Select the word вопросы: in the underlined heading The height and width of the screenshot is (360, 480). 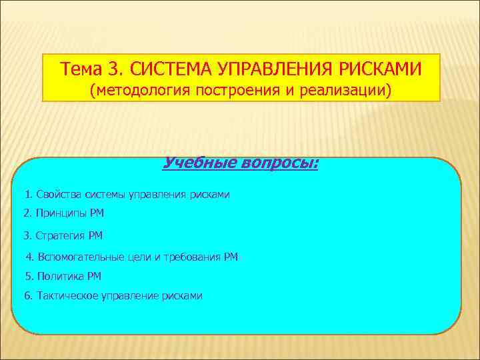point(280,163)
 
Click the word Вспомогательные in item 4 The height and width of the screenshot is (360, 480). point(81,257)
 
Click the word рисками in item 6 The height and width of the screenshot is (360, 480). point(182,295)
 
